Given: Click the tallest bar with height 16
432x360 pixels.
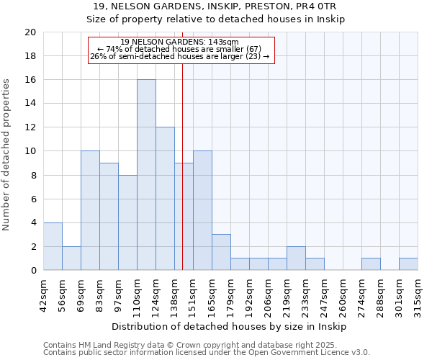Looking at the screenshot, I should point(146,175).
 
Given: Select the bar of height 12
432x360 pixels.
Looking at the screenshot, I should point(165,199).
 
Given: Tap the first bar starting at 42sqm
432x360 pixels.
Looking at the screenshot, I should point(53,246).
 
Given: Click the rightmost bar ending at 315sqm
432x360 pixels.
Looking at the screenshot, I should point(408,264).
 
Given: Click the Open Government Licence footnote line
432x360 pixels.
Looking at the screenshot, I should point(206,353).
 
